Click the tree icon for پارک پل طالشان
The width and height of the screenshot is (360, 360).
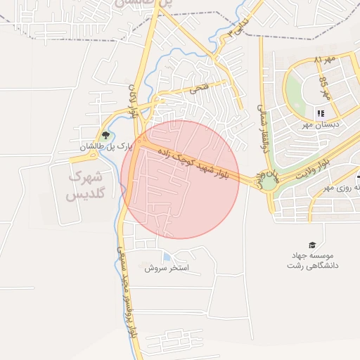(x=105, y=134)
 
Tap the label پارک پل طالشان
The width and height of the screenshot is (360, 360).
(x=105, y=147)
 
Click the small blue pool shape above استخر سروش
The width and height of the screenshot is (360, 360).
(x=166, y=257)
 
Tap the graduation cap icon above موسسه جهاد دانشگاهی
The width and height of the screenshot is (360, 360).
(x=312, y=244)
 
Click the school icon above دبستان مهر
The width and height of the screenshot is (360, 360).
(x=321, y=113)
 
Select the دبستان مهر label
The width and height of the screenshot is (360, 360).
(x=321, y=124)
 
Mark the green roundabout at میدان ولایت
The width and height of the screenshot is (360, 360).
(x=268, y=183)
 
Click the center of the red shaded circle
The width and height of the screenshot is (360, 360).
(x=180, y=179)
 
